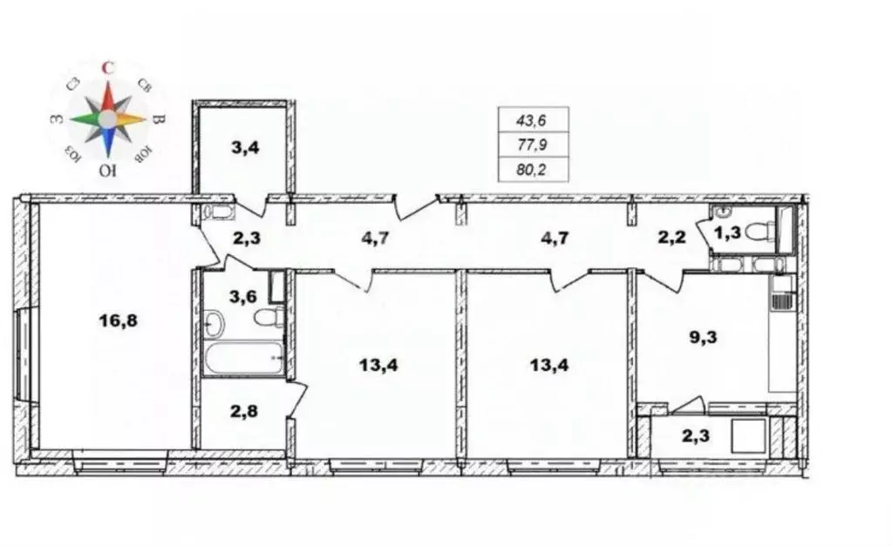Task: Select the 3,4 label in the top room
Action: (244, 147)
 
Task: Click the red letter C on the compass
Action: (107, 66)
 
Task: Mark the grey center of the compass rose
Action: (107, 118)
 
